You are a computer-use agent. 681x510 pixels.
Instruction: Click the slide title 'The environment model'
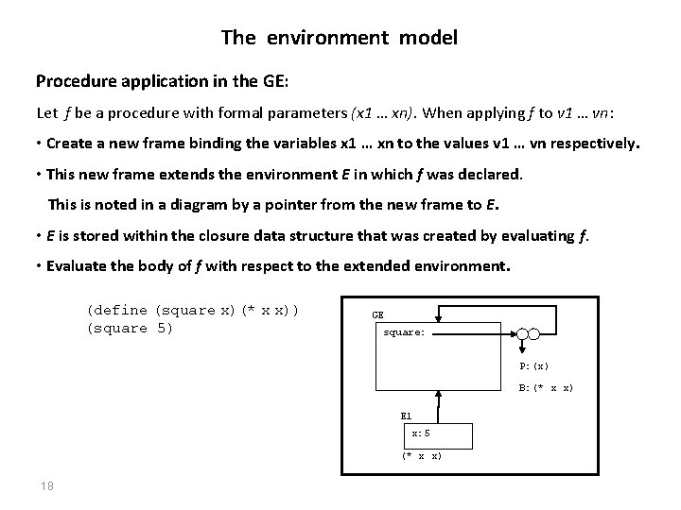(x=340, y=38)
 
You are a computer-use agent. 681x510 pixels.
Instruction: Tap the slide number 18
(x=46, y=486)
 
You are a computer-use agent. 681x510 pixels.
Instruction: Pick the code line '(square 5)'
(x=130, y=329)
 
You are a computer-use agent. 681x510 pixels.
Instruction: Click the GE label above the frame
(x=377, y=314)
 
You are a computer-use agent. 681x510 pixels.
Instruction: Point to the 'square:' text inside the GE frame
(x=404, y=332)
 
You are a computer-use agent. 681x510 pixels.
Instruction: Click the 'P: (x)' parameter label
(x=533, y=365)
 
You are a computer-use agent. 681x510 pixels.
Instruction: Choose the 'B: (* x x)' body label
(x=545, y=387)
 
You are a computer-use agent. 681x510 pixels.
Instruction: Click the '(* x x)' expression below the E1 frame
(x=421, y=456)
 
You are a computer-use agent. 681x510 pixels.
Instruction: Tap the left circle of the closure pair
(x=521, y=333)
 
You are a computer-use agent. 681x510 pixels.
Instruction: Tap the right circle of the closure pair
(x=534, y=333)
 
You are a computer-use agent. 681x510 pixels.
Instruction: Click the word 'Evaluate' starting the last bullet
(x=76, y=266)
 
